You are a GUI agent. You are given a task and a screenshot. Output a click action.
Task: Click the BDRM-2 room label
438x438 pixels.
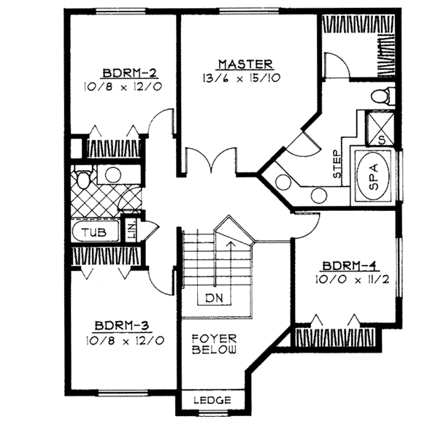click(120, 72)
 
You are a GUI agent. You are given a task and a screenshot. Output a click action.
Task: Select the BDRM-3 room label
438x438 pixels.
click(122, 326)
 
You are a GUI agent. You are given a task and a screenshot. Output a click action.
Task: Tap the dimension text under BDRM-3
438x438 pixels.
click(122, 339)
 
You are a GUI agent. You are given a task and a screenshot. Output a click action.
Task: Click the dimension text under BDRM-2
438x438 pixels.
click(120, 86)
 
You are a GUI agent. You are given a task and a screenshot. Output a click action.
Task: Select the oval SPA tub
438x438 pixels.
click(373, 176)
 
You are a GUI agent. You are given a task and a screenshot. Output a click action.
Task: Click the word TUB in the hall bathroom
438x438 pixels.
click(92, 233)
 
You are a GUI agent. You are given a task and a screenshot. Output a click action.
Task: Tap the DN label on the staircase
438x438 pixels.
click(213, 297)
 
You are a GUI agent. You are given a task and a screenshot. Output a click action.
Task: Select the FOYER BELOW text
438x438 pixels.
click(214, 345)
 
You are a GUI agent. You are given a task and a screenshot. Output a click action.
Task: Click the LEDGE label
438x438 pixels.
click(213, 401)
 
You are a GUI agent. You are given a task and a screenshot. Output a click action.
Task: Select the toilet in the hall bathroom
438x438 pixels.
click(82, 178)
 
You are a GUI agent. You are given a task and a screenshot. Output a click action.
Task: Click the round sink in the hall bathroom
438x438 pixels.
click(112, 174)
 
